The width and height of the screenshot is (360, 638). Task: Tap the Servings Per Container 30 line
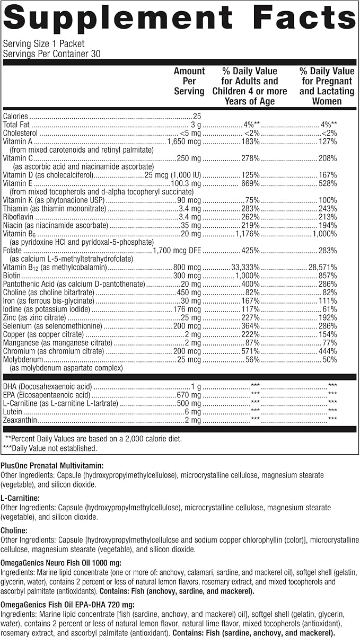(51, 54)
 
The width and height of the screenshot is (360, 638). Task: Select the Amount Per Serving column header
(189, 81)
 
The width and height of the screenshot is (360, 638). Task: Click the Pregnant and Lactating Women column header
(326, 86)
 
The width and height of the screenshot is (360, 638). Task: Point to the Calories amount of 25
(197, 116)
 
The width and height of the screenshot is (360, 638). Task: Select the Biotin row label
(13, 276)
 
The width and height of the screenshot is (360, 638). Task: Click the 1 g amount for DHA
(196, 386)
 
